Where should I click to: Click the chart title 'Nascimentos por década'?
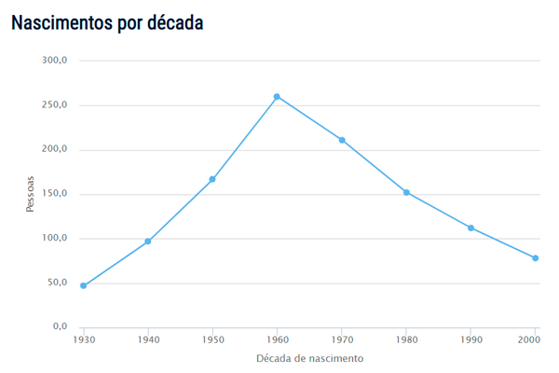(107, 22)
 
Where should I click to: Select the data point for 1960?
(277, 96)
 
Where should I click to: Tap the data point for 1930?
(83, 285)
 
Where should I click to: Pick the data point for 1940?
(147, 242)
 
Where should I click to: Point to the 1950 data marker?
(212, 179)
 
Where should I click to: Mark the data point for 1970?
(342, 140)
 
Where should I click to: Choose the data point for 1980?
(406, 192)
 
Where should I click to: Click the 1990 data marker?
(471, 228)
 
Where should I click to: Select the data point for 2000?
(536, 258)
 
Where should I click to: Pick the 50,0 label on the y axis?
(58, 283)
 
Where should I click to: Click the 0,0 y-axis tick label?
(61, 327)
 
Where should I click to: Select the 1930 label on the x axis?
(83, 340)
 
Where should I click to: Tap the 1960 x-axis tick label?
(277, 340)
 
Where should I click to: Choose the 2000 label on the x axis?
(530, 340)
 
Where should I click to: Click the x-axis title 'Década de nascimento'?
(309, 358)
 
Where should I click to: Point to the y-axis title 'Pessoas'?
(31, 194)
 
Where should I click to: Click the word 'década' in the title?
(173, 22)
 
